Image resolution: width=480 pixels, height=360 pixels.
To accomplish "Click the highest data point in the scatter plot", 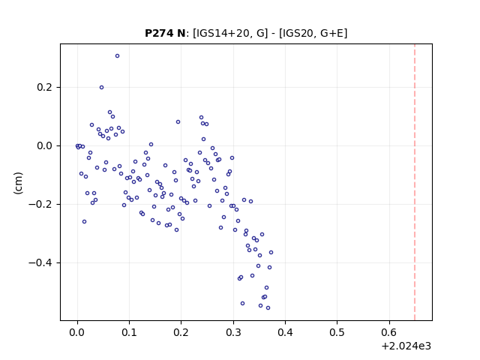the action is click(x=117, y=55).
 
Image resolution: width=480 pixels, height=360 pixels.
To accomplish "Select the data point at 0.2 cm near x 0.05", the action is click(x=102, y=87).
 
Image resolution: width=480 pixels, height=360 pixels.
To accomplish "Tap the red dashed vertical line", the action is click(x=415, y=182).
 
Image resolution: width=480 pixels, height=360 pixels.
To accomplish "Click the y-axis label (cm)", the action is click(x=18, y=183).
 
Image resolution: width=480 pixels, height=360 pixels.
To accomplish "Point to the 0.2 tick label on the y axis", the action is click(x=45, y=87).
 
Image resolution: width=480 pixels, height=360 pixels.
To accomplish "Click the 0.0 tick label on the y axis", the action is click(x=45, y=145).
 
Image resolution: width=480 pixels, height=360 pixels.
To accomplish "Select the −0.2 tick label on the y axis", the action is click(x=40, y=204).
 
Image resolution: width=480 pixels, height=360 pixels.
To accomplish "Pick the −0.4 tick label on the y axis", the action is click(x=40, y=262).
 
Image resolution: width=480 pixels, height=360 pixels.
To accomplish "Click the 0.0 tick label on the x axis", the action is click(x=77, y=332).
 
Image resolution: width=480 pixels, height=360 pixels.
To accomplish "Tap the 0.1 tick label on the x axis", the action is click(x=130, y=332).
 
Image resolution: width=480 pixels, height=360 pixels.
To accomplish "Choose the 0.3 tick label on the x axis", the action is click(x=233, y=332).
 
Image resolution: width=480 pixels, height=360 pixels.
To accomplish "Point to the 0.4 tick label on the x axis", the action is click(x=285, y=332).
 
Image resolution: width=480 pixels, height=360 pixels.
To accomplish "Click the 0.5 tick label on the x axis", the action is click(x=337, y=332).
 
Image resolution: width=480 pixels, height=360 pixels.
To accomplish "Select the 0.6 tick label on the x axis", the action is click(x=389, y=332).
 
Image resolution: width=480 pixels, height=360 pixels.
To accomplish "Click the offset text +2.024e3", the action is click(x=406, y=346).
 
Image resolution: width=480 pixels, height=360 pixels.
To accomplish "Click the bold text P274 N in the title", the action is click(x=165, y=33).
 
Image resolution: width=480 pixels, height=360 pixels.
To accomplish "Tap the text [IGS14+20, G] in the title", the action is click(x=230, y=33).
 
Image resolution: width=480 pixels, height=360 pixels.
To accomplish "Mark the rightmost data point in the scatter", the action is click(x=271, y=252).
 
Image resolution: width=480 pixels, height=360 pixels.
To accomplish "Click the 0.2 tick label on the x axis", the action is click(x=181, y=332).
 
